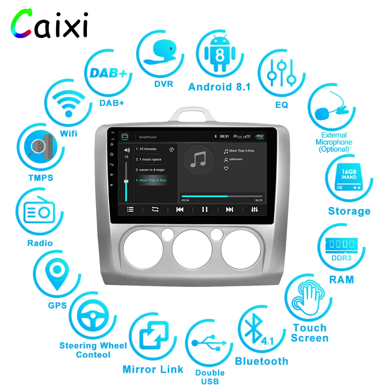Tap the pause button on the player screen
(204, 210)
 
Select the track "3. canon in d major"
(150, 170)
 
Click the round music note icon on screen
(198, 159)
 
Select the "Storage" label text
(349, 211)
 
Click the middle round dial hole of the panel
(192, 248)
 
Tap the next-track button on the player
(230, 210)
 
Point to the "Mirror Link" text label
(153, 369)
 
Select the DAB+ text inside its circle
(108, 73)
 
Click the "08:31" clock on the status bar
(224, 137)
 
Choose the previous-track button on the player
(180, 210)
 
